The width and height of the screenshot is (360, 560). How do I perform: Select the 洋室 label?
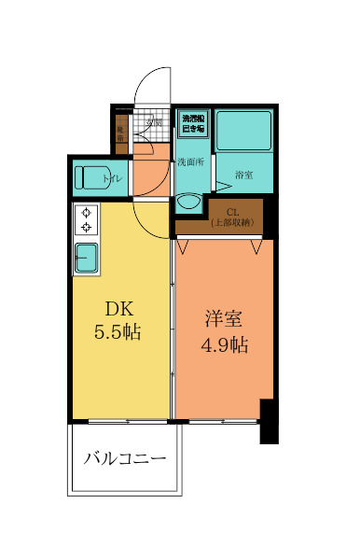click(225, 317)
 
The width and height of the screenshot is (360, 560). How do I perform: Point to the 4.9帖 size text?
click(225, 344)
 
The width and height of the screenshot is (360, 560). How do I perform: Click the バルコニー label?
click(125, 459)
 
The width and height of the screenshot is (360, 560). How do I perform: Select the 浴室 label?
click(245, 175)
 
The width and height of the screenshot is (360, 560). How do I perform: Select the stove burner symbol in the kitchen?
click(87, 220)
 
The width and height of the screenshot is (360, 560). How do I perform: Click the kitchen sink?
click(87, 258)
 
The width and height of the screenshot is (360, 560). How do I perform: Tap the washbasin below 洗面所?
click(189, 202)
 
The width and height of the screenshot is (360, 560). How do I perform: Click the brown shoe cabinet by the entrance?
click(121, 132)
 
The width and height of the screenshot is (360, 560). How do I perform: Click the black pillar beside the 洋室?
click(269, 421)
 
